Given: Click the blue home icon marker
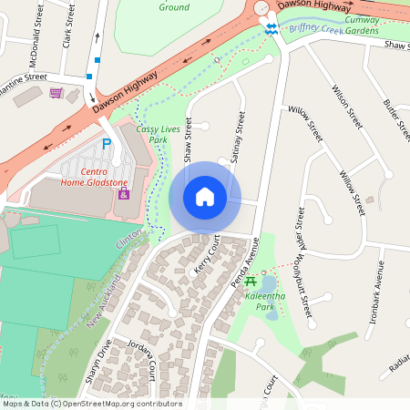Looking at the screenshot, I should [205, 196].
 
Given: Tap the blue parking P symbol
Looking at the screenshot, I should [107, 144].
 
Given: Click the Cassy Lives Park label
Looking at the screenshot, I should [151, 135].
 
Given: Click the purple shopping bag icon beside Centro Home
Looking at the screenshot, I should [125, 194].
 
